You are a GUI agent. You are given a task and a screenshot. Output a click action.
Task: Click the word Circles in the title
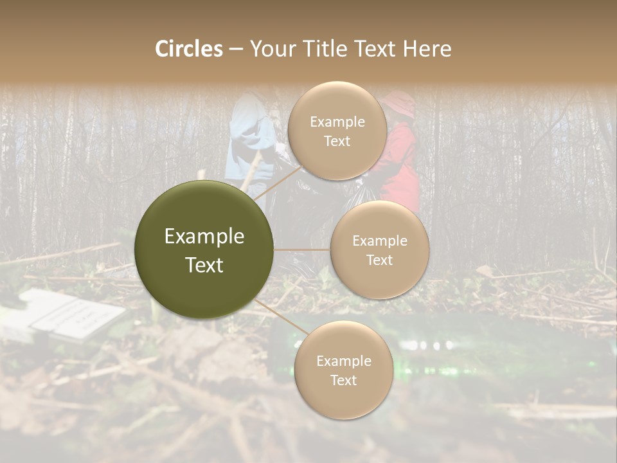click(189, 49)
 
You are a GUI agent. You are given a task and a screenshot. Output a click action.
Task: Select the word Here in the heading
click(427, 49)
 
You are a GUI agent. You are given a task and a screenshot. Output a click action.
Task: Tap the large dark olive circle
click(204, 250)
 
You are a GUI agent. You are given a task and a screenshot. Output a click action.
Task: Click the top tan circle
click(337, 131)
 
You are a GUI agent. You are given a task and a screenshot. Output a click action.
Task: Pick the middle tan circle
click(379, 250)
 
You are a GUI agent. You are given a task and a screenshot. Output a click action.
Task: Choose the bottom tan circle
click(343, 370)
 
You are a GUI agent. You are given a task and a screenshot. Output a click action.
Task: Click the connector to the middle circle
click(302, 250)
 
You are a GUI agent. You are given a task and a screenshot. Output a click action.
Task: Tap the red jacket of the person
click(402, 161)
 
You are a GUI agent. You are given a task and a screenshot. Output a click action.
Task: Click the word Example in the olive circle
click(204, 237)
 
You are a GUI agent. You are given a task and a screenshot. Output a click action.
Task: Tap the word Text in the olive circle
click(204, 265)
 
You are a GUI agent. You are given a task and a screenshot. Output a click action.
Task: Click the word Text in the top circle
click(337, 141)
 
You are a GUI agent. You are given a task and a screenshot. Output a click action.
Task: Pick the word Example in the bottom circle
click(343, 361)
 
